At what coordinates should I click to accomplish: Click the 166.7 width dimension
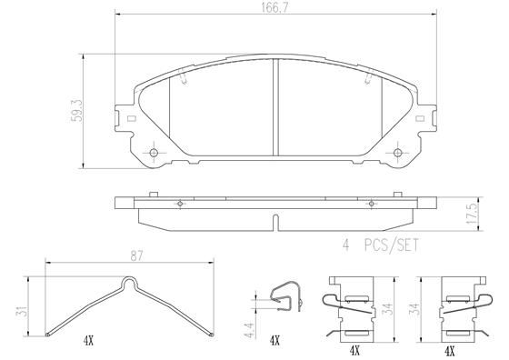coord(274,8)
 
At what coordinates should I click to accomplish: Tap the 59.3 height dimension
coord(77,111)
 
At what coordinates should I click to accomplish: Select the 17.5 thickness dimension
coord(473,214)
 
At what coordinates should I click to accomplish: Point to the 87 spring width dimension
coord(136,256)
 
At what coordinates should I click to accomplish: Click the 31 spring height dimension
coord(22,311)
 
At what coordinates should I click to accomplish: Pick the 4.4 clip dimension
coord(250,329)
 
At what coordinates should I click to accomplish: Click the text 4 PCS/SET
coord(381,245)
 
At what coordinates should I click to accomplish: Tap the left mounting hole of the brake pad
coord(154,153)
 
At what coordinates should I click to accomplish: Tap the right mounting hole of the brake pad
coord(398,153)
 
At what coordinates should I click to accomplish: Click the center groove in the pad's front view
coord(275,107)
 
